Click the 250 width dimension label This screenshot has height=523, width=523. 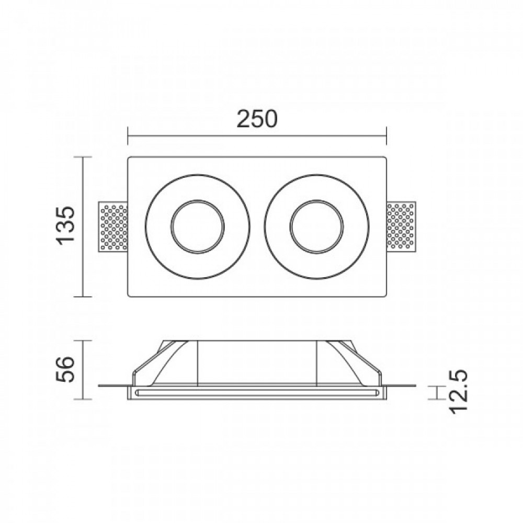[257, 119]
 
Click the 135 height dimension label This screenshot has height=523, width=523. [65, 226]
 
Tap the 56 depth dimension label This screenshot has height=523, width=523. [64, 370]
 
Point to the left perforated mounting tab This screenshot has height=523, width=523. [113, 226]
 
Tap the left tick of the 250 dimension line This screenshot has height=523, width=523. [128, 136]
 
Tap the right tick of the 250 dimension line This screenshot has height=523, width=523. [386, 136]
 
